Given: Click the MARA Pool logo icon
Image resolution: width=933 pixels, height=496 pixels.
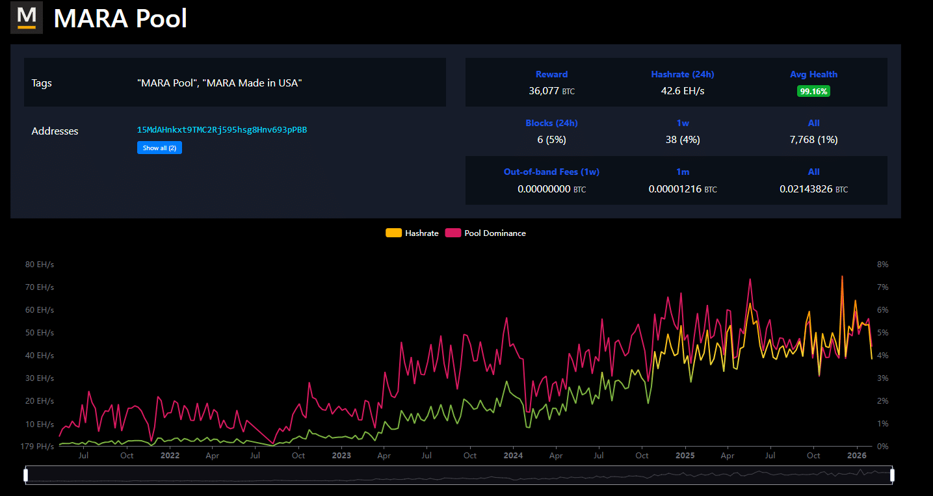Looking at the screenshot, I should pos(27,18).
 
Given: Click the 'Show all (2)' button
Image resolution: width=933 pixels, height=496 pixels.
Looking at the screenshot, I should pos(159,148).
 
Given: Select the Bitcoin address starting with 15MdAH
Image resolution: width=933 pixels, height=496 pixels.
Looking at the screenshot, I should pos(222,130).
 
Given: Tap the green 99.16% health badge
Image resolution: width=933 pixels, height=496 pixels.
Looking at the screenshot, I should pos(813,92).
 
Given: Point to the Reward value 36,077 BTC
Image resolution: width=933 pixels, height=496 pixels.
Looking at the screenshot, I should pos(551,91).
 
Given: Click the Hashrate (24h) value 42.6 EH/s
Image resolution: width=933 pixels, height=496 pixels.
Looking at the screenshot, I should pos(682,91).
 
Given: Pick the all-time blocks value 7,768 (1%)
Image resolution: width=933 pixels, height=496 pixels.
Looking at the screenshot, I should pos(813,140).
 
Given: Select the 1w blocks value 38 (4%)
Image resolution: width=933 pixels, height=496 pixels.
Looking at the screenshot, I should pos(682,140).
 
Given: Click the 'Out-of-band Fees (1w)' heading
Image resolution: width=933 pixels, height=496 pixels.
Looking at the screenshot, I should pos(551,172).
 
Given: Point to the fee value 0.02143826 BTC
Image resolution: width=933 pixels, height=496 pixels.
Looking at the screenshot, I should pos(813,189).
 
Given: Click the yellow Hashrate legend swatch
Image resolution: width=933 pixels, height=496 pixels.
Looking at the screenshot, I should pos(393,233).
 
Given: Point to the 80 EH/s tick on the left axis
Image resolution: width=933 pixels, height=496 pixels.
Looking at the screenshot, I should pos(40,265).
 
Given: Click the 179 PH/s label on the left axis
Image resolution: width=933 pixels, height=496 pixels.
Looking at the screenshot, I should pos(38,447).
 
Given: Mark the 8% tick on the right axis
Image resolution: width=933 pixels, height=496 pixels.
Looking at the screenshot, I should pos(882,265).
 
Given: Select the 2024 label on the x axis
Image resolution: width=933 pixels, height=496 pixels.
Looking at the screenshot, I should pos(513,456).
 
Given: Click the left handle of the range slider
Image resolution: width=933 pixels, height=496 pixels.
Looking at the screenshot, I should pos(26,475).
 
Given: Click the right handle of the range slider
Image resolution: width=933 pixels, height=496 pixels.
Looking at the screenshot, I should pos(892,475).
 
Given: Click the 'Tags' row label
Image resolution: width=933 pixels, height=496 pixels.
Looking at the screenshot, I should pos(42,83).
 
